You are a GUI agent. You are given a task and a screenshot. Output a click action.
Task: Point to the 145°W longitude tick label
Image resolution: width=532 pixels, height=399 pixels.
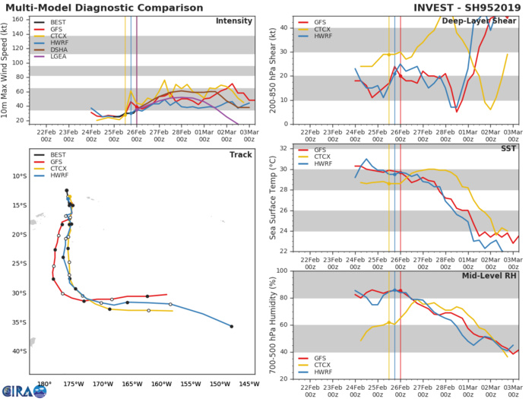point(249,384)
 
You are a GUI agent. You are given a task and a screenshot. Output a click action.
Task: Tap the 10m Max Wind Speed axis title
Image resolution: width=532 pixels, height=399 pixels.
point(7,69)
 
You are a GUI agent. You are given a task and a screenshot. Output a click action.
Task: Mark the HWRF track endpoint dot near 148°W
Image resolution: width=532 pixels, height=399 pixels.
point(231,326)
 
